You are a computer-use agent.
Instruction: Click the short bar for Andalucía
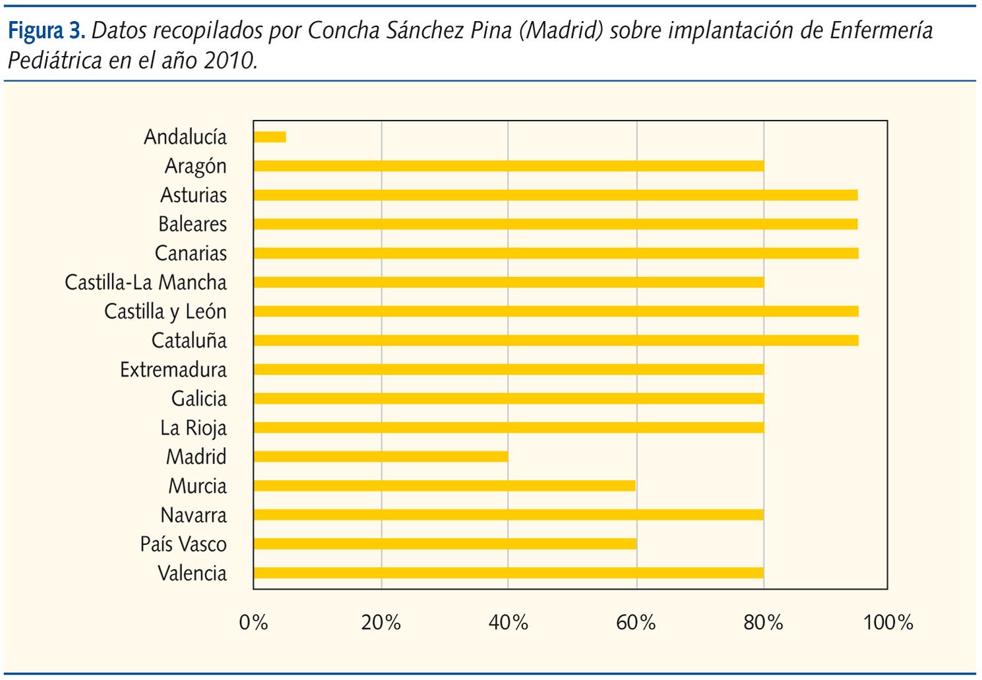pyautogui.click(x=270, y=137)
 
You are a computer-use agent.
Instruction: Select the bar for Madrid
pyautogui.click(x=381, y=456)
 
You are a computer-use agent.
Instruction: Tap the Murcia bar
pyautogui.click(x=445, y=486)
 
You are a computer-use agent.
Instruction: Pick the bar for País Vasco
pyautogui.click(x=445, y=544)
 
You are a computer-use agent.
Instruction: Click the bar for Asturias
pyautogui.click(x=555, y=195)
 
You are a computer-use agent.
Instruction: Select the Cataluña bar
pyautogui.click(x=556, y=340)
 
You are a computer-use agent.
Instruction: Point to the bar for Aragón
pyautogui.click(x=508, y=166)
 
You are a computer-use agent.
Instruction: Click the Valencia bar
pyautogui.click(x=508, y=573)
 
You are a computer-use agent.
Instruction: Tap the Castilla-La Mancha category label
pyautogui.click(x=146, y=282)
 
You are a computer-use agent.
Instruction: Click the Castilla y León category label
pyautogui.click(x=166, y=311)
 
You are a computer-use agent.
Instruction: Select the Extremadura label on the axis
pyautogui.click(x=173, y=370)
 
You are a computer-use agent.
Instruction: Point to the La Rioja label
pyautogui.click(x=193, y=428)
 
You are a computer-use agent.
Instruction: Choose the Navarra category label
pyautogui.click(x=194, y=515)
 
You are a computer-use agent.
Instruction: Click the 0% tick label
pyautogui.click(x=253, y=623)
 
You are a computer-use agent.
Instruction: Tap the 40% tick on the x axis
pyautogui.click(x=508, y=623)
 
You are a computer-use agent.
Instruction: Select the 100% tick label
pyautogui.click(x=888, y=623)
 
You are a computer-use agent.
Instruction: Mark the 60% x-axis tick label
pyautogui.click(x=636, y=623)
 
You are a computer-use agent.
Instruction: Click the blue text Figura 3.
pyautogui.click(x=46, y=30)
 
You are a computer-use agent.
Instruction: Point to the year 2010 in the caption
pyautogui.click(x=228, y=61)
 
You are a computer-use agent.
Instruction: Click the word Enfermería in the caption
pyautogui.click(x=881, y=30)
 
